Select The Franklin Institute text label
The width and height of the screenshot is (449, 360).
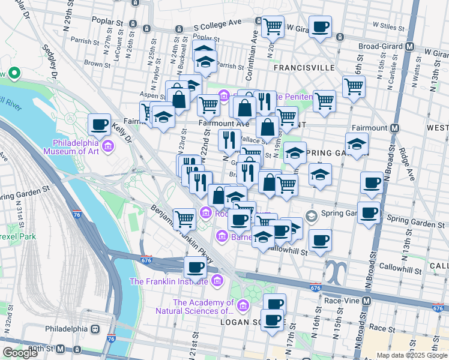(x=170, y=281)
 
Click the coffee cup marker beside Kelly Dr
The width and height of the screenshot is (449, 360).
(x=99, y=125)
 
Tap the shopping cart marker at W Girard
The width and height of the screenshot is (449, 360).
(x=273, y=27)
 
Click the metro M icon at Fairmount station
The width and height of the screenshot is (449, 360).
(x=395, y=128)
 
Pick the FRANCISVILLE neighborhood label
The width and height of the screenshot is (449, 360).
(x=303, y=68)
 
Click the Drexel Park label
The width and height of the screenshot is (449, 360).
(x=18, y=236)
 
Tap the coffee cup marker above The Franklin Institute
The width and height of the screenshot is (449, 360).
(x=195, y=267)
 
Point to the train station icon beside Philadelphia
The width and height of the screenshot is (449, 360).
(x=94, y=329)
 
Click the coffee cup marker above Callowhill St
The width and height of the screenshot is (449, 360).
(x=319, y=240)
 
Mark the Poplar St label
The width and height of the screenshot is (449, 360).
(x=107, y=20)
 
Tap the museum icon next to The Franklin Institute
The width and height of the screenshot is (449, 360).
(x=216, y=280)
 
